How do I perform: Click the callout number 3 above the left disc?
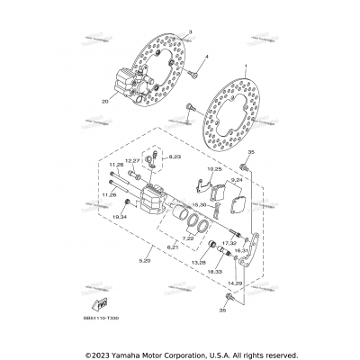tap(191, 31)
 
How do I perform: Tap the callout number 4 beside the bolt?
tap(206, 57)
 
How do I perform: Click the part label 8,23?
tap(174, 157)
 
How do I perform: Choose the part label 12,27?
tap(145, 162)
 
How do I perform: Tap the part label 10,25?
tap(215, 168)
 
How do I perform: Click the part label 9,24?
tap(238, 180)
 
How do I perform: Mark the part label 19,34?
tap(121, 217)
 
